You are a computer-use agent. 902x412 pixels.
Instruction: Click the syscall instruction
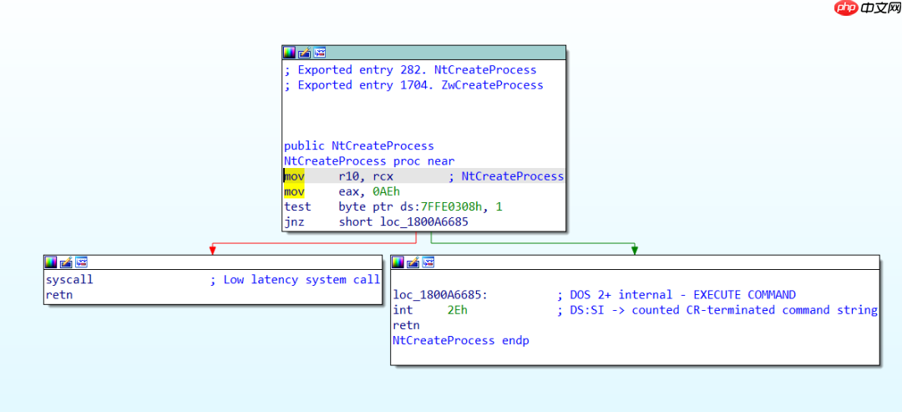click(x=69, y=280)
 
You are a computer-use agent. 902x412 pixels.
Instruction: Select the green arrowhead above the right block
click(x=635, y=249)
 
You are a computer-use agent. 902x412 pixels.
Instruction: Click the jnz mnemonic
click(x=294, y=221)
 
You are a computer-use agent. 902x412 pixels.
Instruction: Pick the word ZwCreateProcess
click(x=492, y=85)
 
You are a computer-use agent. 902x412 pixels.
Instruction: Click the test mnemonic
click(x=296, y=206)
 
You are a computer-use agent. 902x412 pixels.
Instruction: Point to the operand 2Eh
click(x=457, y=310)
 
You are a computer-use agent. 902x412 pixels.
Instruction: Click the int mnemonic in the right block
click(x=403, y=310)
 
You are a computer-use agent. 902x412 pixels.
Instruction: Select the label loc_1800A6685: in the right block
click(x=440, y=295)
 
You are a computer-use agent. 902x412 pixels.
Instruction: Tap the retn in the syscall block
click(x=59, y=295)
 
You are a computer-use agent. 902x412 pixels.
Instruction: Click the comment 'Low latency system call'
click(x=302, y=280)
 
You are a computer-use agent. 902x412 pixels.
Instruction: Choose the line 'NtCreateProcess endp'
click(x=460, y=340)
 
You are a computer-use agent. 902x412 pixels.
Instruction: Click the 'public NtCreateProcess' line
click(x=358, y=145)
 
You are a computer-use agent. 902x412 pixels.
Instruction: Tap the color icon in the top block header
click(x=290, y=53)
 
